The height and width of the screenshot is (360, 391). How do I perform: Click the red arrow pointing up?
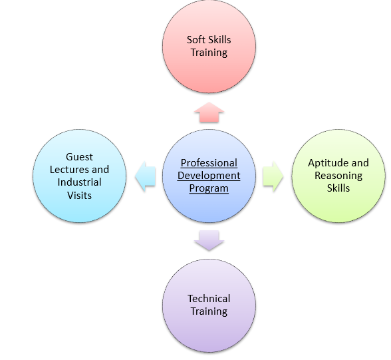pyautogui.click(x=209, y=112)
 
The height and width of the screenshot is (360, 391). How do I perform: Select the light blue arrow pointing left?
pyautogui.click(x=145, y=176)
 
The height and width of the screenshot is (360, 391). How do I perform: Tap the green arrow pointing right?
pyautogui.click(x=273, y=176)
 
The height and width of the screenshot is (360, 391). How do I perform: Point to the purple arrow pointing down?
pyautogui.click(x=209, y=240)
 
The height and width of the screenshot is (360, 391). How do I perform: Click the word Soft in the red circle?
pyautogui.click(x=196, y=40)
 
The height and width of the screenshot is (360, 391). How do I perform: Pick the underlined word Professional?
pyautogui.click(x=209, y=163)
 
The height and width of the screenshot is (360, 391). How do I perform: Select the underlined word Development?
pyautogui.click(x=209, y=176)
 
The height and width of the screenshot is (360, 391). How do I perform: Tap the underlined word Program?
pyautogui.click(x=209, y=188)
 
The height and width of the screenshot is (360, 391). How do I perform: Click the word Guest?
pyautogui.click(x=79, y=157)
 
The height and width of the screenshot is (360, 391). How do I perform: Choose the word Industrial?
pyautogui.click(x=79, y=182)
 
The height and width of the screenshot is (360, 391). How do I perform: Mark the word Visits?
pyautogui.click(x=79, y=195)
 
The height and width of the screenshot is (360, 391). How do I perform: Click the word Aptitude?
pyautogui.click(x=325, y=163)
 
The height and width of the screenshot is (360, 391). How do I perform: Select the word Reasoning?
pyautogui.click(x=338, y=176)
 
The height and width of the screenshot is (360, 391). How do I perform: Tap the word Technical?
pyautogui.click(x=209, y=299)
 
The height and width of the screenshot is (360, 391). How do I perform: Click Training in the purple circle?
pyautogui.click(x=209, y=311)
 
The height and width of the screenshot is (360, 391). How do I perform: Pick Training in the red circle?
pyautogui.click(x=209, y=53)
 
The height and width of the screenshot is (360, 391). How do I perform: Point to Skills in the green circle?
pyautogui.click(x=338, y=188)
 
